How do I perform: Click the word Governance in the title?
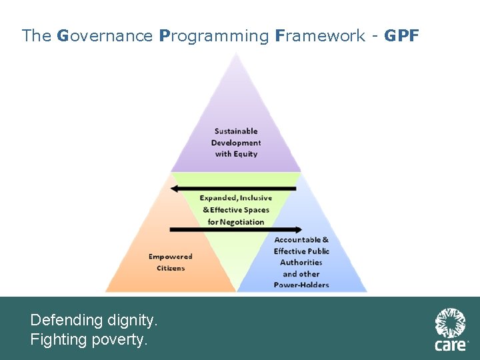pos(105,36)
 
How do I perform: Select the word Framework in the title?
pos(319,36)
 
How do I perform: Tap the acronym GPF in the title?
pos(401,36)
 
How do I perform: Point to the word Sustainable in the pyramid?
pos(236,131)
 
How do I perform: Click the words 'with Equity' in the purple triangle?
pos(236,154)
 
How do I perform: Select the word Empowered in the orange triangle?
pos(170,257)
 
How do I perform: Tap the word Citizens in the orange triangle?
pos(171,268)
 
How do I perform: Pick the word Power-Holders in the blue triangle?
pos(301,285)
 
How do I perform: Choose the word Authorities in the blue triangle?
pos(301,263)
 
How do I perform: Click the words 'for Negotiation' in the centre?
pos(236,222)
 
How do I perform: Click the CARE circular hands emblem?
pos(451,323)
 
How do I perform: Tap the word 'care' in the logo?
pos(450,345)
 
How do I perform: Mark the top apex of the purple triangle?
pos(235,53)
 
